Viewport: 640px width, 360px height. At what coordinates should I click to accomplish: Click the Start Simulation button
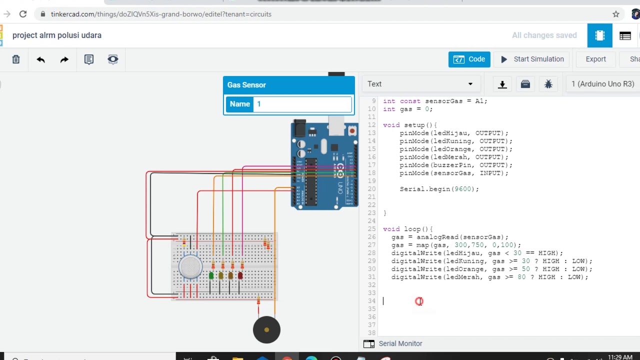[532, 59]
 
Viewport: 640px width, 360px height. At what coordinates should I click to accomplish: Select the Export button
[595, 59]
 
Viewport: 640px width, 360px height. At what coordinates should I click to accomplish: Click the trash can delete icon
[16, 59]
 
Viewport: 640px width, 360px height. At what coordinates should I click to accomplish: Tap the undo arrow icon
[40, 59]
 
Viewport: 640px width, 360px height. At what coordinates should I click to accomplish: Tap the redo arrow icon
[64, 59]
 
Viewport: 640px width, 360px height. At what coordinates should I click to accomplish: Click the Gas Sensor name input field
[303, 104]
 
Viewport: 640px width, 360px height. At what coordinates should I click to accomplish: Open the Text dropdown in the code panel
[420, 84]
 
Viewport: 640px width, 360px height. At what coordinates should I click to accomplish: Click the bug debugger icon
[548, 84]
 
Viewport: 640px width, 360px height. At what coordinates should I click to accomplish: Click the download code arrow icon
[502, 84]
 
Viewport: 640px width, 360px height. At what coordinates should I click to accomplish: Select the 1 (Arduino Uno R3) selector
[602, 84]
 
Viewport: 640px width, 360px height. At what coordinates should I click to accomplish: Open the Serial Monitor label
[400, 343]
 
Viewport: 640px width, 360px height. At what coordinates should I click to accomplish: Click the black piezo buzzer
[266, 330]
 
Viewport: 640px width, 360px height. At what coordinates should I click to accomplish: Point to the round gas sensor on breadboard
[190, 266]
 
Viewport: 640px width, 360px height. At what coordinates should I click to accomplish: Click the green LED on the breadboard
[211, 275]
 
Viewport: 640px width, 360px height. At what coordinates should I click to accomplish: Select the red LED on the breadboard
[240, 275]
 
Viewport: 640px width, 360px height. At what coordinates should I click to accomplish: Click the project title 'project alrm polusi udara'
[57, 35]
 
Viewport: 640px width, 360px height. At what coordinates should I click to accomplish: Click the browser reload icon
[23, 14]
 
